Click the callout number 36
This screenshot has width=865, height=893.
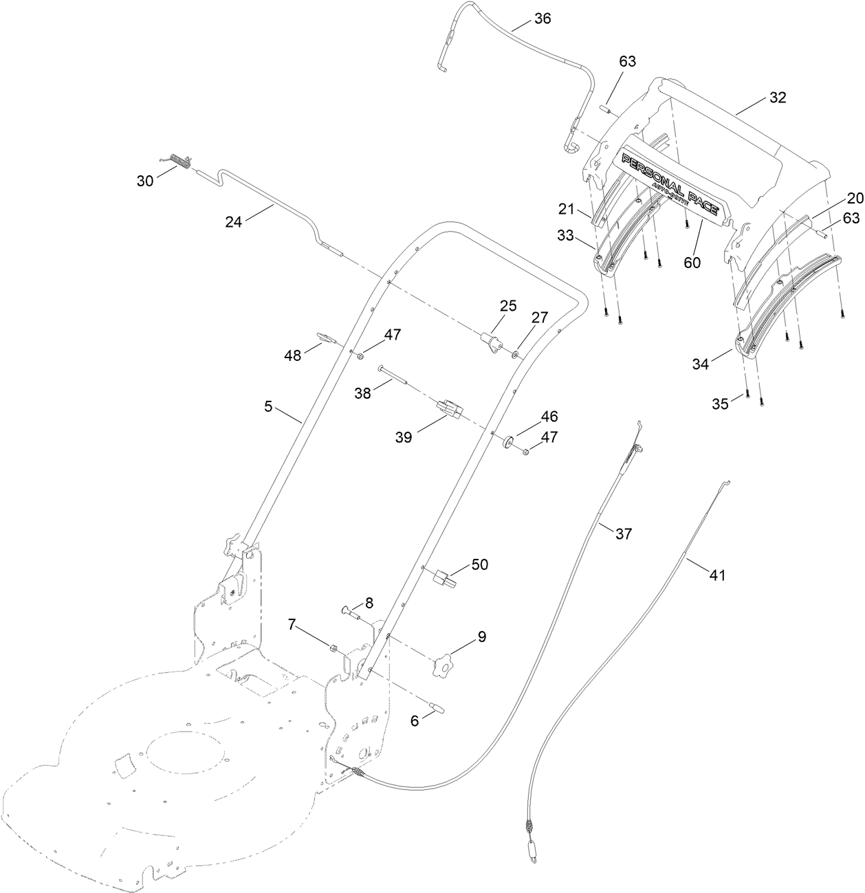click(543, 19)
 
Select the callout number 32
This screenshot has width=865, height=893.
click(777, 97)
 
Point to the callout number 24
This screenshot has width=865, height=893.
click(234, 222)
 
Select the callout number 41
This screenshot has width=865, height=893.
click(717, 576)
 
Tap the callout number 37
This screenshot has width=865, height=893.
click(623, 533)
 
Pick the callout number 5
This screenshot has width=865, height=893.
click(268, 406)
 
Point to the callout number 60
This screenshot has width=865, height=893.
click(692, 263)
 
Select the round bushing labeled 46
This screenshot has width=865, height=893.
click(510, 441)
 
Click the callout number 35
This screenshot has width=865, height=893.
click(720, 404)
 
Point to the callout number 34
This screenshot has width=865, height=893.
click(700, 364)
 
